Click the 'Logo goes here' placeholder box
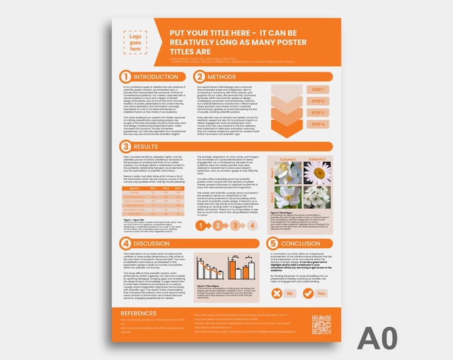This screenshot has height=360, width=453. [135, 41]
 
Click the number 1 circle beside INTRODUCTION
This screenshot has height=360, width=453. [125, 77]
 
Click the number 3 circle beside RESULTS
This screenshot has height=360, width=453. [125, 145]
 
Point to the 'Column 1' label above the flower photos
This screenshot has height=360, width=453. [287, 159]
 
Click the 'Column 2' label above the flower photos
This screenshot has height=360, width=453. [316, 159]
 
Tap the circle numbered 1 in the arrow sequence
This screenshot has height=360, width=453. [200, 227]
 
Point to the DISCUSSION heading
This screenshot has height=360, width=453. [157, 243]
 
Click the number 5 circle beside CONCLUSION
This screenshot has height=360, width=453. [272, 243]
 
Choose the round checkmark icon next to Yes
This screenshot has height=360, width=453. [308, 293]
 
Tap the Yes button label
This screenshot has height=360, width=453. [322, 293]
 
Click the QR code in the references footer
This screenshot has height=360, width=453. [321, 323]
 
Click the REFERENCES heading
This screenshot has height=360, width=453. [139, 313]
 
